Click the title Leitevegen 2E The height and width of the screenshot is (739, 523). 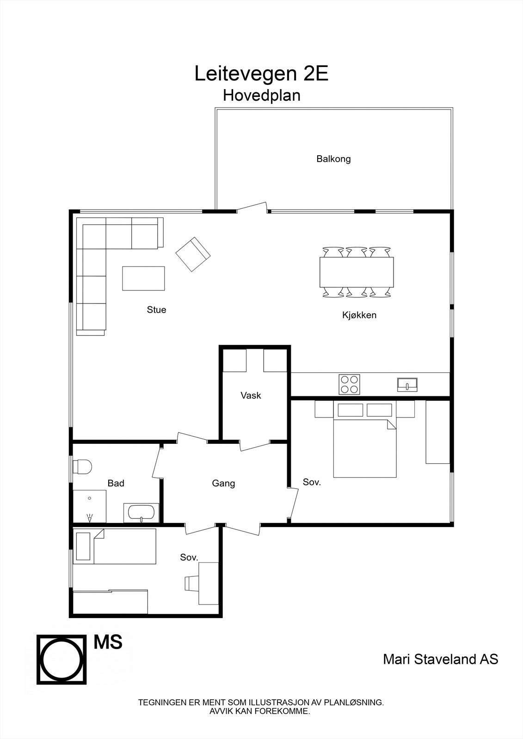click(x=261, y=74)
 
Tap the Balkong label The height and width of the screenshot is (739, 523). click(x=333, y=159)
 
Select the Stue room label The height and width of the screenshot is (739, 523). click(x=156, y=310)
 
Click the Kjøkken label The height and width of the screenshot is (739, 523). click(x=359, y=315)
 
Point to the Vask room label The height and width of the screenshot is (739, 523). click(x=251, y=395)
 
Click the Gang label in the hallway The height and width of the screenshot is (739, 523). click(x=223, y=484)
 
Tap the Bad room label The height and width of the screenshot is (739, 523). click(x=116, y=484)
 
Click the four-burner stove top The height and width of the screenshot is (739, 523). click(x=350, y=384)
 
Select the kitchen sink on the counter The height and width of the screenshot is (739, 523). click(x=407, y=384)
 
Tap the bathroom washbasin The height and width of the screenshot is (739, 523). click(x=141, y=513)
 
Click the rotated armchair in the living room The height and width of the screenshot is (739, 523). click(x=193, y=254)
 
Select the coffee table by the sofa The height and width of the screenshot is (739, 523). click(x=143, y=278)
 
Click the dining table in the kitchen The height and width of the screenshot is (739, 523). click(x=357, y=272)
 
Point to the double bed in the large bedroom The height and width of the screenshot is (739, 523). click(x=365, y=447)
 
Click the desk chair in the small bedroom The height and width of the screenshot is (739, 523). click(x=191, y=583)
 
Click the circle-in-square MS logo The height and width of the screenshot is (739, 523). click(x=62, y=659)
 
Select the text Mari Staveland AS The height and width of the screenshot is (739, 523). click(x=440, y=659)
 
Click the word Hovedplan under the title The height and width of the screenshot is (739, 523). click(x=261, y=95)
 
